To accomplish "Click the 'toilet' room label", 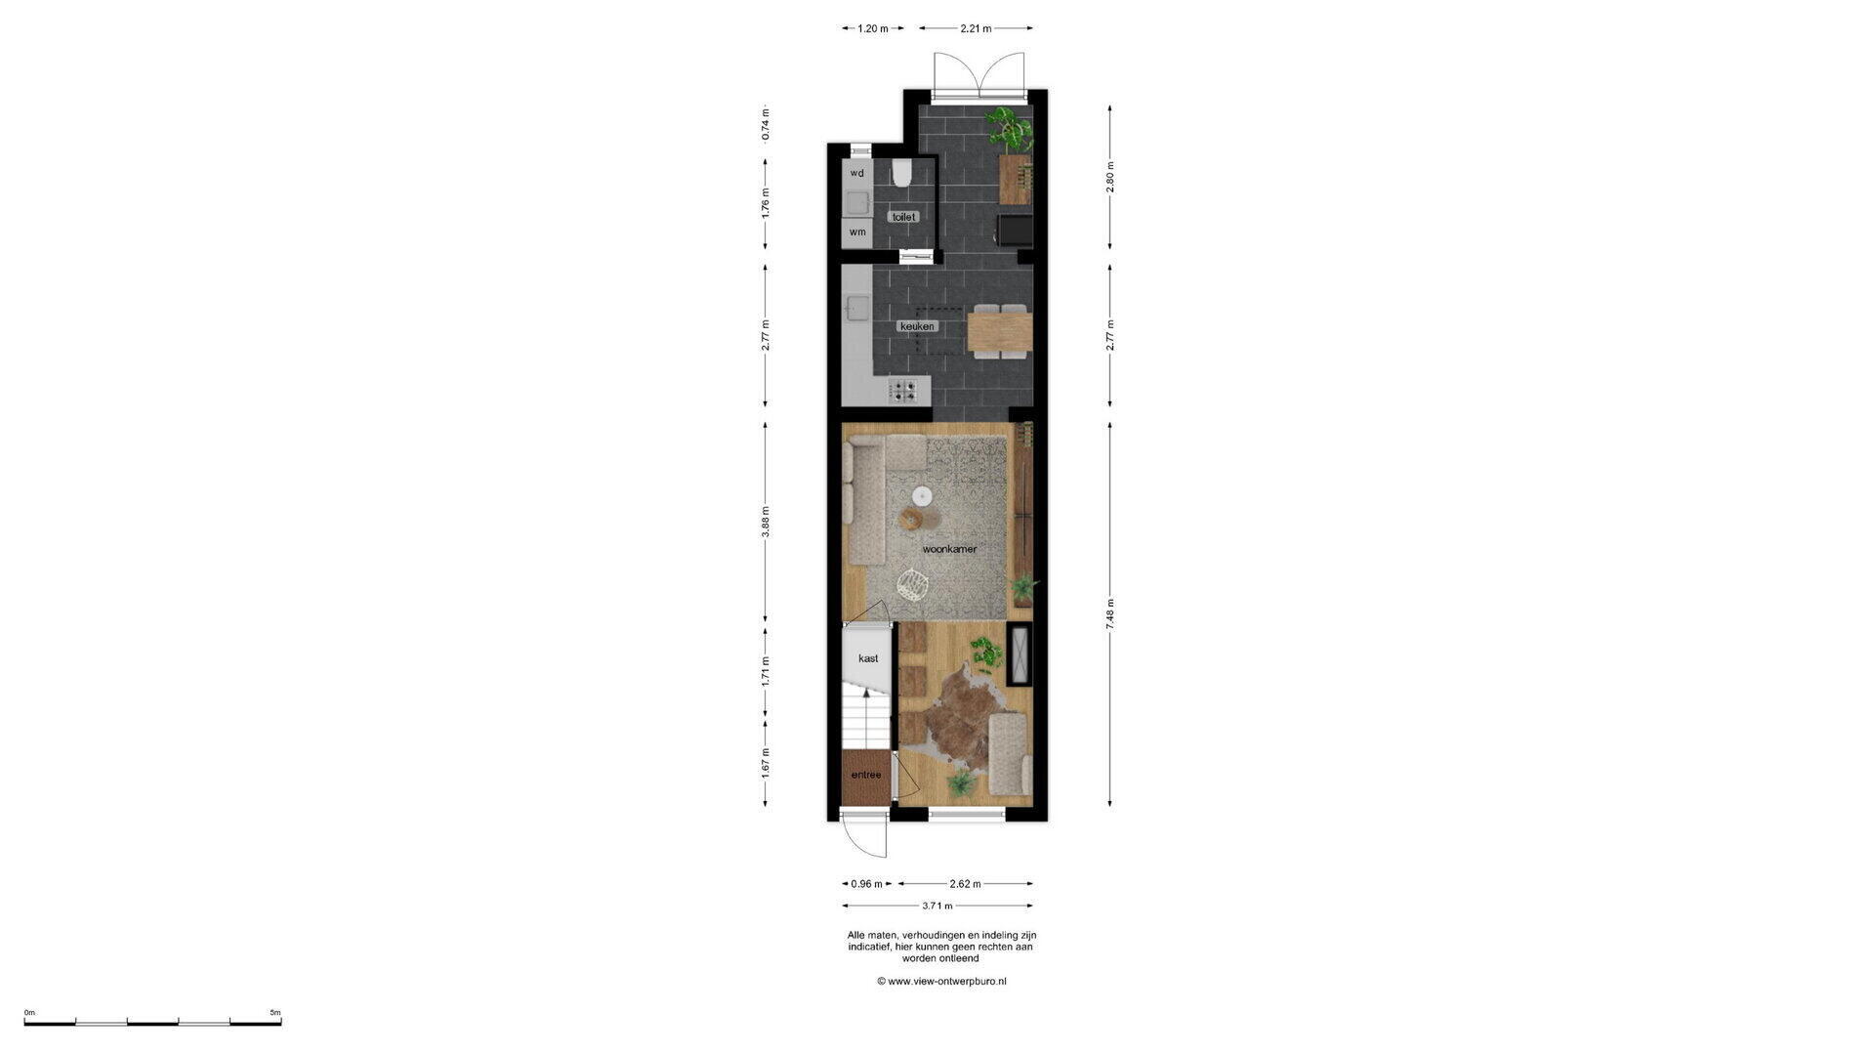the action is (x=905, y=217).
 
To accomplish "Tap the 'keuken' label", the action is (x=918, y=326).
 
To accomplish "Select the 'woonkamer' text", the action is (x=949, y=549).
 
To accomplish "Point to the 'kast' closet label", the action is (x=868, y=658).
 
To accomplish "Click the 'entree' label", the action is (x=866, y=775).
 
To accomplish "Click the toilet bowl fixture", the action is (x=901, y=174).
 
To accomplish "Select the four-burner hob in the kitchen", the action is (x=220, y=391).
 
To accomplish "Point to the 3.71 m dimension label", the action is (x=937, y=906).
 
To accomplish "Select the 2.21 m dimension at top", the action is (x=976, y=28).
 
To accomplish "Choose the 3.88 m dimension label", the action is (x=766, y=522).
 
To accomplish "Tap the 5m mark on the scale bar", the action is (x=274, y=1012).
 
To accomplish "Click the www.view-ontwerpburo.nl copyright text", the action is (x=941, y=981).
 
